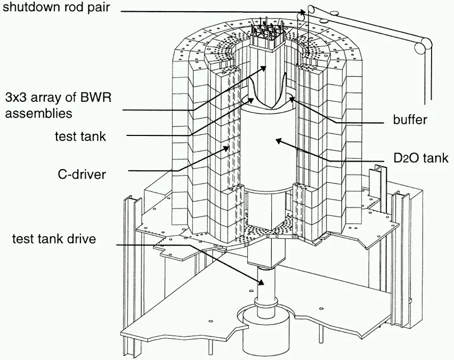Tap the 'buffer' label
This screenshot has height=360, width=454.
pos(410,120)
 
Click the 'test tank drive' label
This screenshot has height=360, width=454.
pos(54,238)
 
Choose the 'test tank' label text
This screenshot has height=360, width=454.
pos(80,137)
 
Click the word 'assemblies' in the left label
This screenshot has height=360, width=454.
pos(38,113)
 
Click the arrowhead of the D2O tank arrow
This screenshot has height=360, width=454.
pos(275,140)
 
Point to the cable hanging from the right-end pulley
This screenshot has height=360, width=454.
pos(424,80)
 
